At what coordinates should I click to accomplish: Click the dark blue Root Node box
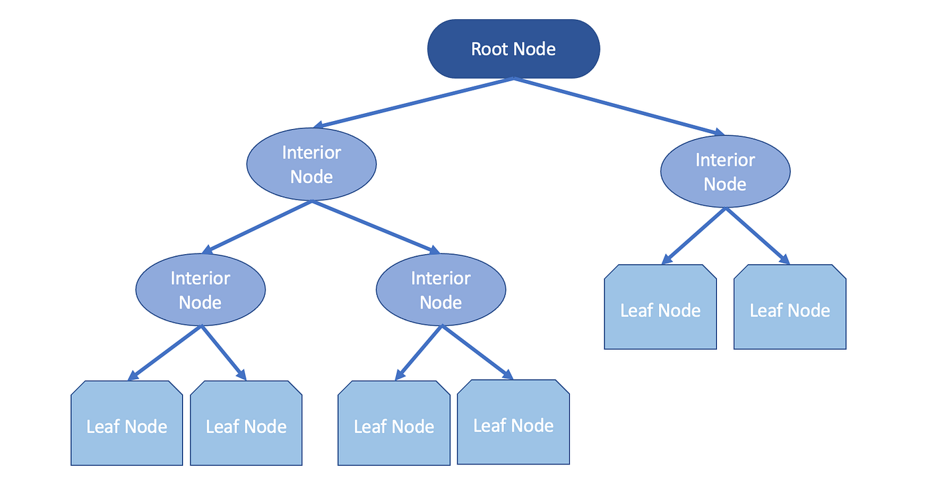pyautogui.click(x=513, y=49)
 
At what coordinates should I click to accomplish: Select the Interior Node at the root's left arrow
pyautogui.click(x=312, y=164)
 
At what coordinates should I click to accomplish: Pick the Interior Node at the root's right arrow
pyautogui.click(x=725, y=172)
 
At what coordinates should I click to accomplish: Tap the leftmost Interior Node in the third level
pyautogui.click(x=200, y=290)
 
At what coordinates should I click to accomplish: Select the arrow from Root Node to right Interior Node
pyautogui.click(x=619, y=106)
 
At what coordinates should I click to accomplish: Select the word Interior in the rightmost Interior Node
pyautogui.click(x=725, y=160)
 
